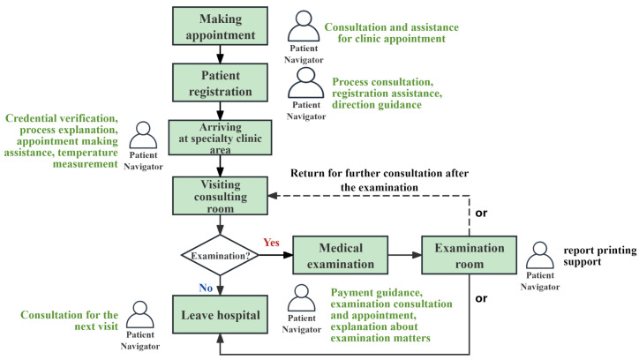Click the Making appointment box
(220, 26)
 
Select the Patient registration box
(220, 83)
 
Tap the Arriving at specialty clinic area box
(220, 138)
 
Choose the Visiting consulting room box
(220, 196)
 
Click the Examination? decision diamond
(220, 255)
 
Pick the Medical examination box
(341, 255)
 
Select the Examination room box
(469, 255)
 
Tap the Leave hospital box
(220, 315)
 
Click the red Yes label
(271, 243)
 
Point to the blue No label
(206, 288)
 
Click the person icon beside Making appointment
(304, 26)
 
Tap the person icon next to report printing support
(540, 255)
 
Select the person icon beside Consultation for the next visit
(140, 315)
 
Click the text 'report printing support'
(600, 256)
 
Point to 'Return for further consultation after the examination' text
(380, 180)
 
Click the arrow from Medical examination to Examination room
(405, 255)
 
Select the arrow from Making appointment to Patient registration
(220, 54)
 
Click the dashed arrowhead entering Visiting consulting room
(273, 196)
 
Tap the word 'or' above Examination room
(481, 213)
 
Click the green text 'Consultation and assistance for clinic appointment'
(391, 33)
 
